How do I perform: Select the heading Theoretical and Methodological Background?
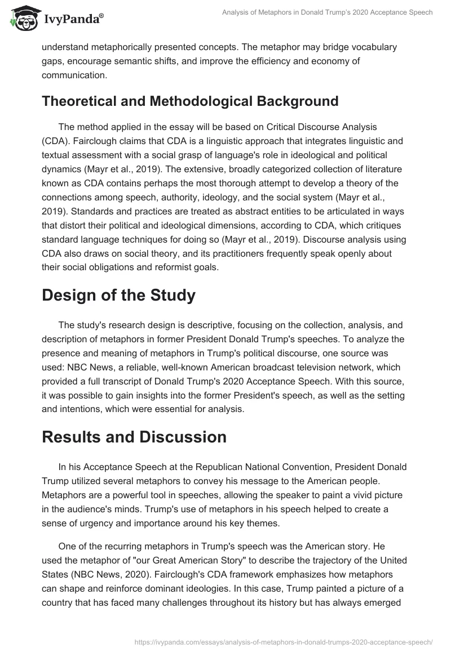click(190, 101)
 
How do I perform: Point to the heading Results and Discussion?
click(134, 437)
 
